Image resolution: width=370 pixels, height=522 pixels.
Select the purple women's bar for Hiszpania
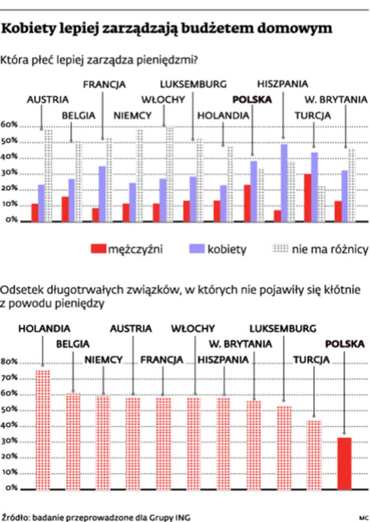point(285,183)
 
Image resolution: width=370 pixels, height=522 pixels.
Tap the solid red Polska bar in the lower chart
point(344,463)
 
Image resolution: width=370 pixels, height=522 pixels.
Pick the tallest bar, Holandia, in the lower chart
point(42,430)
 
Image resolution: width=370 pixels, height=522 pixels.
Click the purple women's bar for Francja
point(102,194)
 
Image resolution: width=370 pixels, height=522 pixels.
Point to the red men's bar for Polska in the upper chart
point(247,203)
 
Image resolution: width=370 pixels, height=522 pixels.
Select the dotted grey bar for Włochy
point(170,174)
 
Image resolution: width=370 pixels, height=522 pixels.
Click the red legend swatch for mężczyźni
point(98,249)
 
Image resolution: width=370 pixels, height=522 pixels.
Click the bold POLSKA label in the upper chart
point(252,99)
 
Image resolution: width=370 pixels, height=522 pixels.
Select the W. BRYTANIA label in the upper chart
point(336,99)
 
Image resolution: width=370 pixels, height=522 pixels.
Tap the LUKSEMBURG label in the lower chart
point(283,328)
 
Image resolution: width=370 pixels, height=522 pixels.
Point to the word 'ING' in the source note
point(183,516)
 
